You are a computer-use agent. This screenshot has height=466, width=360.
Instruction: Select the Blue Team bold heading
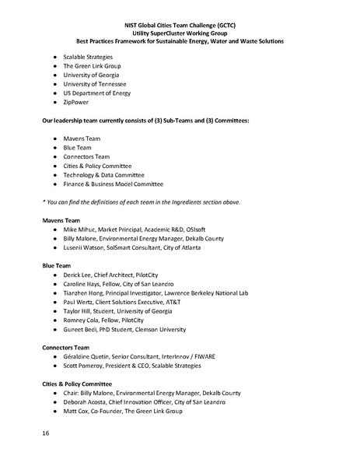point(56,266)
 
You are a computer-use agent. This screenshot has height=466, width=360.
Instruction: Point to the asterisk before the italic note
point(44,202)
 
